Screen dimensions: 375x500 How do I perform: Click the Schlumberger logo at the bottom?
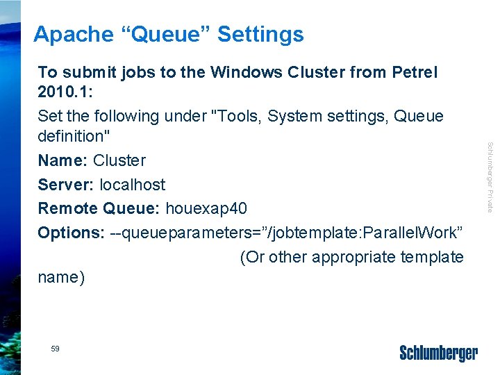[x=439, y=353]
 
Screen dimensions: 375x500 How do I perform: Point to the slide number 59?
[x=55, y=349]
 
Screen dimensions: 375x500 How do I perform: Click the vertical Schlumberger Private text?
[x=490, y=177]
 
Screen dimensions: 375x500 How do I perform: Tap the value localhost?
[x=133, y=185]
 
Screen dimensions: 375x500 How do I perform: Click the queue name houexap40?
[x=206, y=208]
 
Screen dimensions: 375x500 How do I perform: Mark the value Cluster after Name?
[x=119, y=160]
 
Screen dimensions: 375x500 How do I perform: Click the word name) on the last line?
[x=61, y=278]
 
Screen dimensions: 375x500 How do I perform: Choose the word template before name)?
[x=432, y=257]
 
